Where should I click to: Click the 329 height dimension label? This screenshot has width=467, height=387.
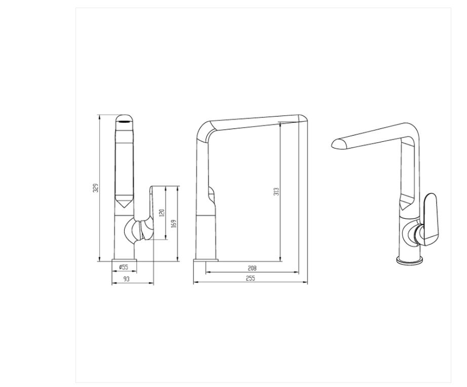click(96, 188)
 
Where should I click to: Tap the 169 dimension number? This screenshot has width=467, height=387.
click(174, 223)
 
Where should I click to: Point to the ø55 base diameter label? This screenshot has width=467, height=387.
click(123, 266)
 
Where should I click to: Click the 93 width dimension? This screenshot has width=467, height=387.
click(127, 279)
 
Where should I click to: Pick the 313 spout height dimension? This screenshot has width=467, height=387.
click(276, 191)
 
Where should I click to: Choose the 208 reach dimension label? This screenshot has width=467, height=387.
click(252, 268)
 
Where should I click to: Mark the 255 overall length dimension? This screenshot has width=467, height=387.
click(250, 278)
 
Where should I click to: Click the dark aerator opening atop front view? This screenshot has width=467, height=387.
click(124, 121)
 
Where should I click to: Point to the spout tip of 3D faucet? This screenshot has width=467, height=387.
click(336, 144)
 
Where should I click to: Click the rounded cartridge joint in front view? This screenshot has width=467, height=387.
click(136, 231)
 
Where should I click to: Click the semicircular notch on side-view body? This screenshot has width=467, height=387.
click(211, 192)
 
